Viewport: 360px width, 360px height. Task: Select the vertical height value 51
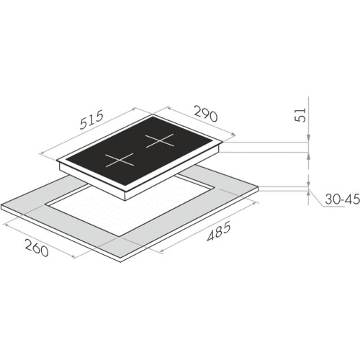tap(304, 113)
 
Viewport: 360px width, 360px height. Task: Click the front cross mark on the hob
tap(120, 159)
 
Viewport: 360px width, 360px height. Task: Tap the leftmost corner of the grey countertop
tap(2, 207)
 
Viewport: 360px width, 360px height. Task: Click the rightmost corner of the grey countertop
tap(258, 189)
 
